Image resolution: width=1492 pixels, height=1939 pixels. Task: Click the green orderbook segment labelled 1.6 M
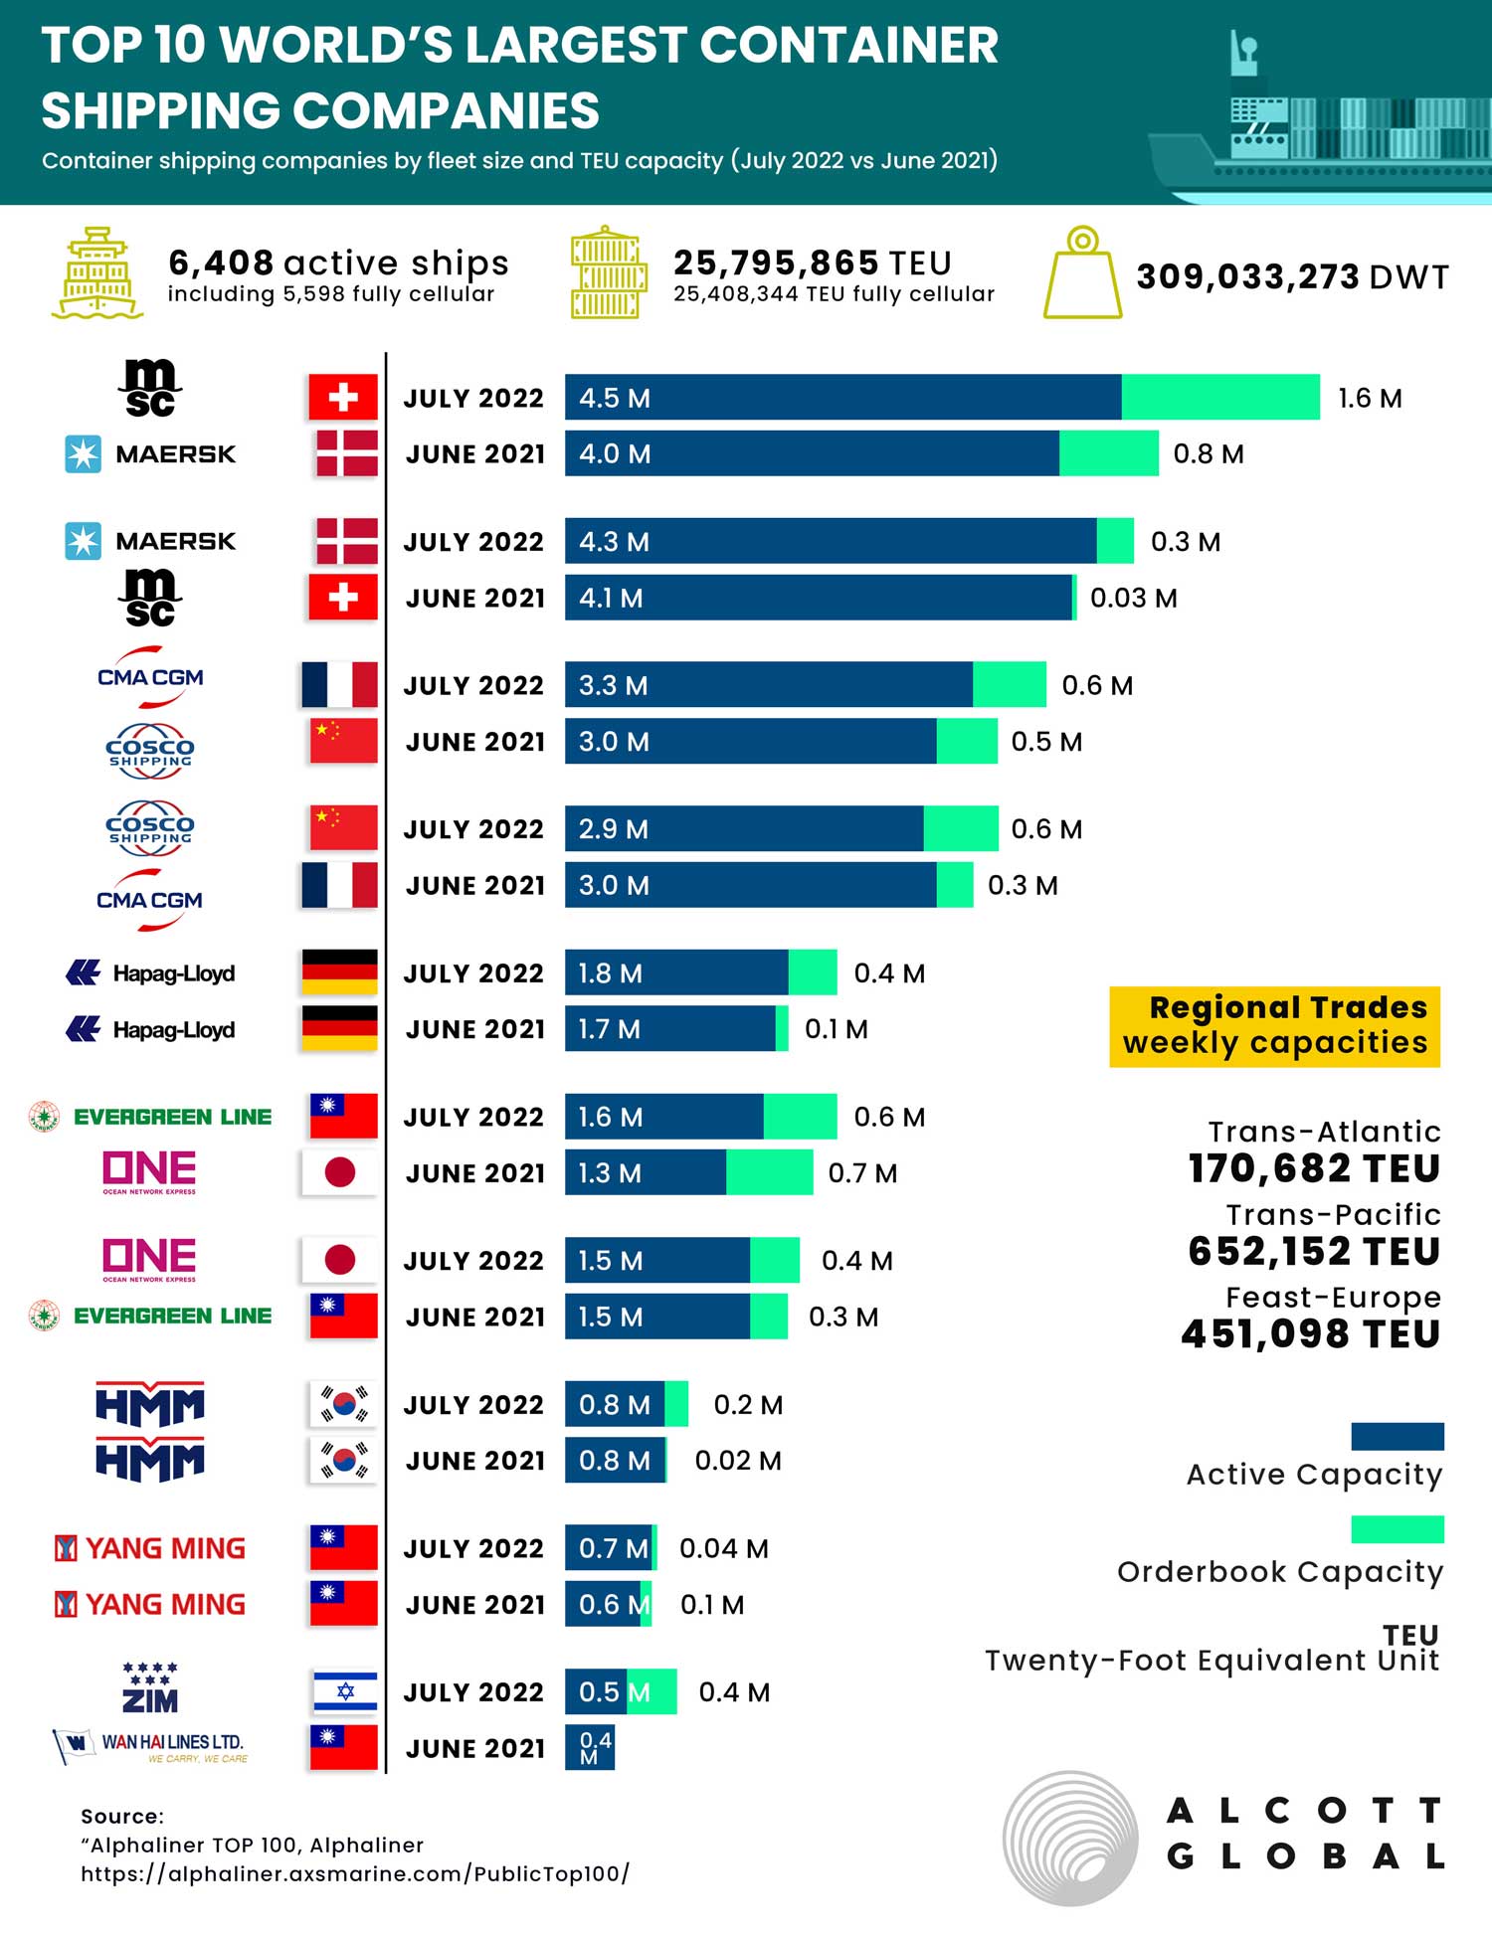[1220, 397]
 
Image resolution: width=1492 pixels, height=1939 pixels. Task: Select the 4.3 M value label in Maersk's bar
[614, 542]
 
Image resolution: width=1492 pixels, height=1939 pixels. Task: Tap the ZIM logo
[150, 1688]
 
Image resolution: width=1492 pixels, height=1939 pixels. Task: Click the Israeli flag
[344, 1690]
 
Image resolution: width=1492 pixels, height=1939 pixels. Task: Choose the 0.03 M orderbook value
[1133, 598]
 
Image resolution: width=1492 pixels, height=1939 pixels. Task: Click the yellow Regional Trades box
[1274, 1026]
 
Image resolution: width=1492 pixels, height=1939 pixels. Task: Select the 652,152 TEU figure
[1313, 1251]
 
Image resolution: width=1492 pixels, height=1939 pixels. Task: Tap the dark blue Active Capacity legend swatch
[1397, 1436]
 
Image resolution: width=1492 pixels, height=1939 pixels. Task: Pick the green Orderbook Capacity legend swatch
[1397, 1529]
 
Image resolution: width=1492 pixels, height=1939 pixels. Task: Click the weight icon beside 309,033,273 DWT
[1082, 273]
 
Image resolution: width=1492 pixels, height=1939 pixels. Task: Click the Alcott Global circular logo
[1069, 1838]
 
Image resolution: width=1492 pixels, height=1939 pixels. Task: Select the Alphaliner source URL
[355, 1874]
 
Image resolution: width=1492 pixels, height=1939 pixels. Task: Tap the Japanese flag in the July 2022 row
[340, 1260]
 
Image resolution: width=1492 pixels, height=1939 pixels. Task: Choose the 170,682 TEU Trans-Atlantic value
[1313, 1168]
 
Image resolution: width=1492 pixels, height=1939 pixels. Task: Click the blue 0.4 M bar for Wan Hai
[590, 1747]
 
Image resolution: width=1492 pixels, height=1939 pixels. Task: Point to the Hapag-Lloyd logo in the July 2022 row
[151, 972]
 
